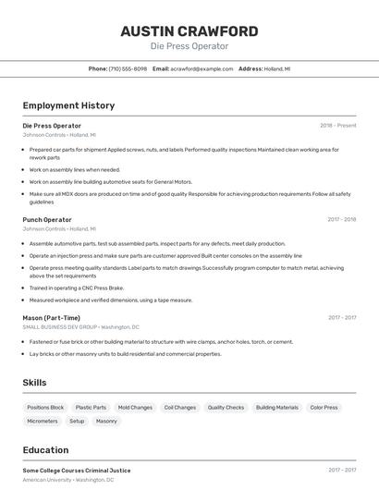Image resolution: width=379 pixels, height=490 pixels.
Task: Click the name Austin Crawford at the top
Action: click(189, 31)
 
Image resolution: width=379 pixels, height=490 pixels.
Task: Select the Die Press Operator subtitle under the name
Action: click(189, 46)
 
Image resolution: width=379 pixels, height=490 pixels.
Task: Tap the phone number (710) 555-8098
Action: click(128, 69)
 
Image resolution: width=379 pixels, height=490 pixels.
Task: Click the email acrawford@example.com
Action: click(202, 69)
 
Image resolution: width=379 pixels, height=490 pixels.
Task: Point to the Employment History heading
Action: click(68, 105)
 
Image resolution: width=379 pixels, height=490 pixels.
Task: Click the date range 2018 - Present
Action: click(337, 126)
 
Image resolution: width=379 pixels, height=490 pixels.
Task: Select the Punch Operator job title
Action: click(47, 220)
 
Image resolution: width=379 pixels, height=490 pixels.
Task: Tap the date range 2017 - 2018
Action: click(341, 220)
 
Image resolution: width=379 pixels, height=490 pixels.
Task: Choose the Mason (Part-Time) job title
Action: click(51, 318)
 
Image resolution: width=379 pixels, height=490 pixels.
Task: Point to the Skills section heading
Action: click(34, 383)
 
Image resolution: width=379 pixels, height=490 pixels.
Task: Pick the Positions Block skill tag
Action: click(45, 407)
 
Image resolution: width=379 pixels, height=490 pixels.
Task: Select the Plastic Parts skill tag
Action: click(91, 407)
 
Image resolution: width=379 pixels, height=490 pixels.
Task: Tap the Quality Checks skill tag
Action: click(226, 407)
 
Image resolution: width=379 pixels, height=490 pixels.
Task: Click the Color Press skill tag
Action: click(324, 407)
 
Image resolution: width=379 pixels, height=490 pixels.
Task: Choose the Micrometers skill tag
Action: click(43, 421)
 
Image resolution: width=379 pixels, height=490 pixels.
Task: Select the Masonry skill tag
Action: click(106, 421)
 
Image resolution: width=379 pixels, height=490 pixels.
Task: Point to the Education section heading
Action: click(46, 450)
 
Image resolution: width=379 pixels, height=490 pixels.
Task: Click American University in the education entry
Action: click(48, 480)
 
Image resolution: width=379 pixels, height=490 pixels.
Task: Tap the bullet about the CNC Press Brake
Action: click(76, 288)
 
